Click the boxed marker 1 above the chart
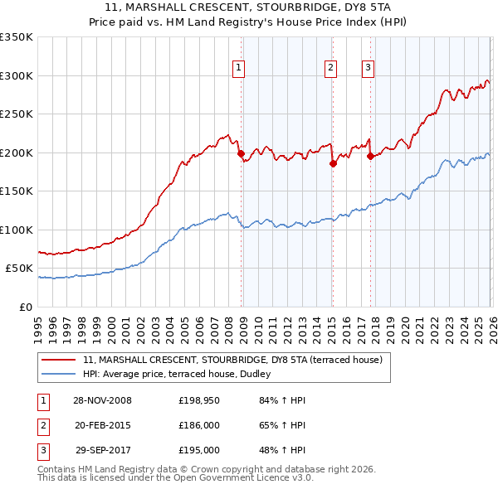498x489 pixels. pyautogui.click(x=238, y=68)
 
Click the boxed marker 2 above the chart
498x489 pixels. pyautogui.click(x=330, y=68)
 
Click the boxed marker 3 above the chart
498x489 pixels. pyautogui.click(x=368, y=68)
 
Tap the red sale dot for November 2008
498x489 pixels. pyautogui.click(x=241, y=153)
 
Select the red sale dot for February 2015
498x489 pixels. pyautogui.click(x=332, y=163)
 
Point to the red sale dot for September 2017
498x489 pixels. pyautogui.click(x=370, y=157)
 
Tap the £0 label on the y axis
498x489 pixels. pyautogui.click(x=25, y=307)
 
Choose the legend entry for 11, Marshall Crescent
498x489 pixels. pyautogui.click(x=232, y=360)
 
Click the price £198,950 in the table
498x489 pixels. pyautogui.click(x=199, y=400)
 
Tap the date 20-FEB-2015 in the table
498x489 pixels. pyautogui.click(x=102, y=425)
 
